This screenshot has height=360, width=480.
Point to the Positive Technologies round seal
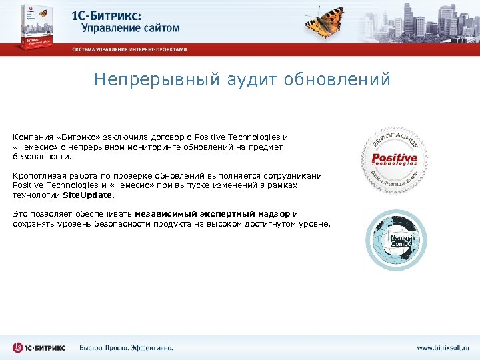pyautogui.click(x=394, y=160)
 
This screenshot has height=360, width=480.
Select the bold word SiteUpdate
pyautogui.click(x=88, y=196)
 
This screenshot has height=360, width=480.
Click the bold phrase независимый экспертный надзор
pyautogui.click(x=213, y=214)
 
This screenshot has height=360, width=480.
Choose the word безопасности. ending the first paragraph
pyautogui.click(x=41, y=157)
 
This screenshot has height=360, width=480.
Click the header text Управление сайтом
pyautogui.click(x=131, y=29)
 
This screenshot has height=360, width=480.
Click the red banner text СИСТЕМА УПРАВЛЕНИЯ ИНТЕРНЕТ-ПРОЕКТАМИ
pyautogui.click(x=129, y=49)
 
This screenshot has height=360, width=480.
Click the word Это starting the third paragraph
pyautogui.click(x=21, y=214)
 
